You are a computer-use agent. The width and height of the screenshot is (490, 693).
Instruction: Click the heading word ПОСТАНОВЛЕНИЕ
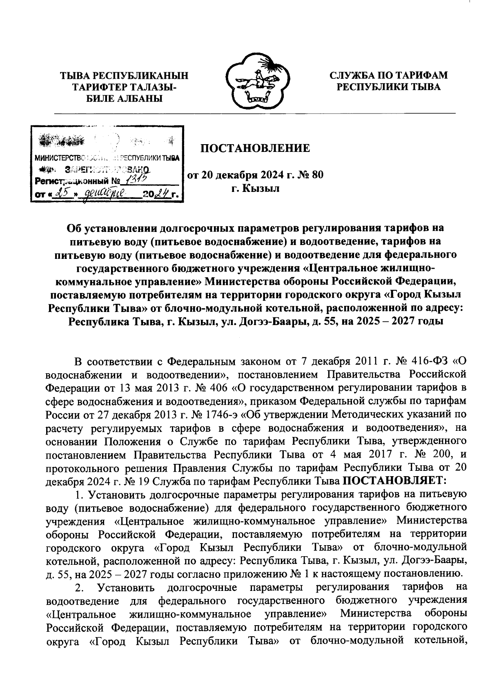pos(255,148)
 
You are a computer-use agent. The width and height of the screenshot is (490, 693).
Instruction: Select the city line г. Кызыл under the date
pos(255,189)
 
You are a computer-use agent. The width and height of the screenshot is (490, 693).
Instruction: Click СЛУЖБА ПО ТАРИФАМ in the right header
pos(388,76)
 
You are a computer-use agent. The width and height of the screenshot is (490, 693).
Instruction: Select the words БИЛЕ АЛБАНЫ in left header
pos(125,98)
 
